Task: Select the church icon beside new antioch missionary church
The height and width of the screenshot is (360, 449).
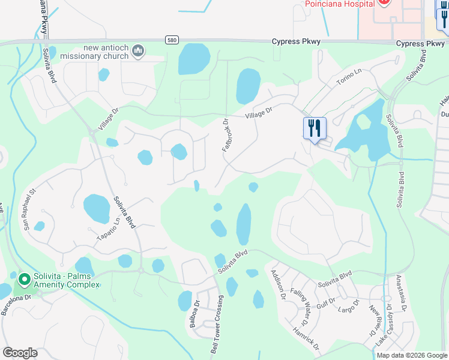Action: coord(139,52)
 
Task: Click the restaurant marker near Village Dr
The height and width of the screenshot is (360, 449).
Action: coord(314,128)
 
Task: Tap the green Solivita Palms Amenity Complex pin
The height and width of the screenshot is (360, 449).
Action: coord(25,280)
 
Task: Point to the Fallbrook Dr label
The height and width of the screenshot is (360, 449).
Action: coord(226,134)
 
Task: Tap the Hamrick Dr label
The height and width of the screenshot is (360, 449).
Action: coord(306,338)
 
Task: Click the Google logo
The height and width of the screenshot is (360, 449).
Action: coord(20,353)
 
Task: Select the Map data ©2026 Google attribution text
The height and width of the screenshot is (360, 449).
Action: coord(411,355)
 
